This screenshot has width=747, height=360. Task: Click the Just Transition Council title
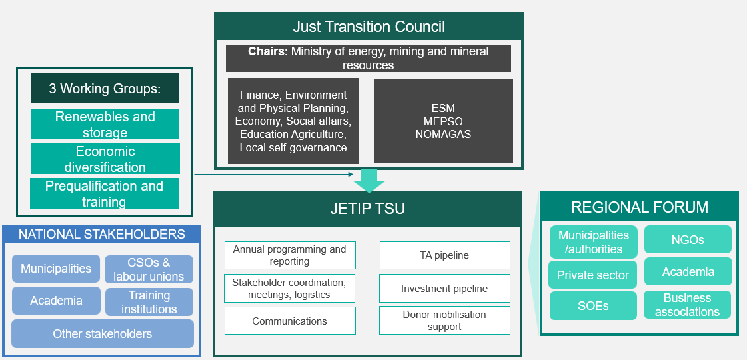point(369,27)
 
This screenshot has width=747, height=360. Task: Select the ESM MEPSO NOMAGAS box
point(443,121)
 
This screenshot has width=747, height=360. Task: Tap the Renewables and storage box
point(105,124)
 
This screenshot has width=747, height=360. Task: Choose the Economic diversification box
point(105,159)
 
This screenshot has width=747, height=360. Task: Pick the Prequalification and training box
point(105,193)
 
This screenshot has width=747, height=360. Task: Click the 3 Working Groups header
point(105,89)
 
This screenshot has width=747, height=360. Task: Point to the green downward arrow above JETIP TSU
point(369,179)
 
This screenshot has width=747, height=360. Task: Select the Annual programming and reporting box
point(289,255)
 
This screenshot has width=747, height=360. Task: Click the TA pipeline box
point(444,255)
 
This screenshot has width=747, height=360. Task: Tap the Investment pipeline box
point(444,289)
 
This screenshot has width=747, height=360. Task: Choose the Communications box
point(289,321)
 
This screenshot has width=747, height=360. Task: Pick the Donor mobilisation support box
point(444,321)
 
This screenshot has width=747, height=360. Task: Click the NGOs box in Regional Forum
point(688,239)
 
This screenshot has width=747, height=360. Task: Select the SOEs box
point(592,306)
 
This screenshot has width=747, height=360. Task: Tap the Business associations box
point(688,305)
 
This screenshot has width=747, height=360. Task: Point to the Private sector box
point(592,275)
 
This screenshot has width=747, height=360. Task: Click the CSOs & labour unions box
point(149,269)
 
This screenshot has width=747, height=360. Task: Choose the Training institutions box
point(149,302)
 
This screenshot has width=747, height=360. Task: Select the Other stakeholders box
point(102,334)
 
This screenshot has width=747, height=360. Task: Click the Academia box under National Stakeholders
point(56,301)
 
